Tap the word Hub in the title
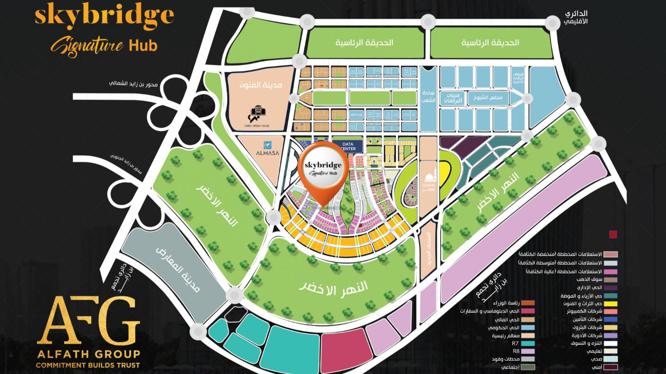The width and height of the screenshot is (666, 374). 142,46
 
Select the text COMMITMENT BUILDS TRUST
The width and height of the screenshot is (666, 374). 88,365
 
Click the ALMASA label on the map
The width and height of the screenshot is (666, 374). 267,153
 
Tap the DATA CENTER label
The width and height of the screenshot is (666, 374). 348,146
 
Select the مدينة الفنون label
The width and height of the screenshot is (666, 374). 261,85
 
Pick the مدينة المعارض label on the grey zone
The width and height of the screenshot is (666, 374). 178,269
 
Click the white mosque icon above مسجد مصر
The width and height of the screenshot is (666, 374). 429,177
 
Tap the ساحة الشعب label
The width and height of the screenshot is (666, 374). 428,96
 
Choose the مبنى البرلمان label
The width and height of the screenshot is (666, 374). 452,98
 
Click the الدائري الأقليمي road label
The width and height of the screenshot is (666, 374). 576,17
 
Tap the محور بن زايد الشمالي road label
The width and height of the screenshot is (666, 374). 133,84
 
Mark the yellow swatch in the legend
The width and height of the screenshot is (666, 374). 610,303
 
